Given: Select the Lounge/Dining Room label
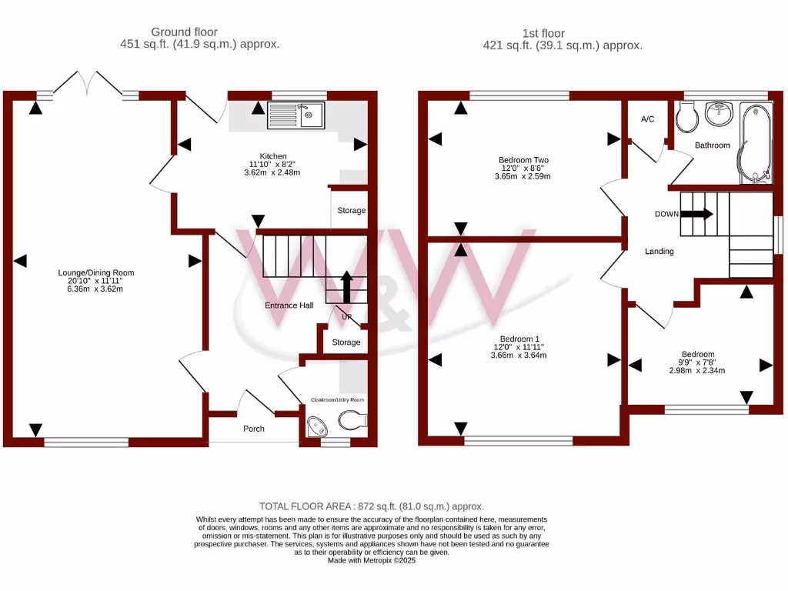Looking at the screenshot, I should coord(96,272).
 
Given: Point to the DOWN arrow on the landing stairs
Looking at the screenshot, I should coord(697,215).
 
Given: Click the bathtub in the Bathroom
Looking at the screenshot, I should coord(753,144).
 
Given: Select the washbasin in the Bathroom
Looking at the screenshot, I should coord(720,115).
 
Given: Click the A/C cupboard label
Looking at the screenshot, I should coord(647,119).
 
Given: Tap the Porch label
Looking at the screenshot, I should coord(253,429).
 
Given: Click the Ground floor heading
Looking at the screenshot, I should coord(184,32).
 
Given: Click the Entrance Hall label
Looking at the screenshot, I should coord(289,306).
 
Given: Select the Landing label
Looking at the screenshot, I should coord(659,251).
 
